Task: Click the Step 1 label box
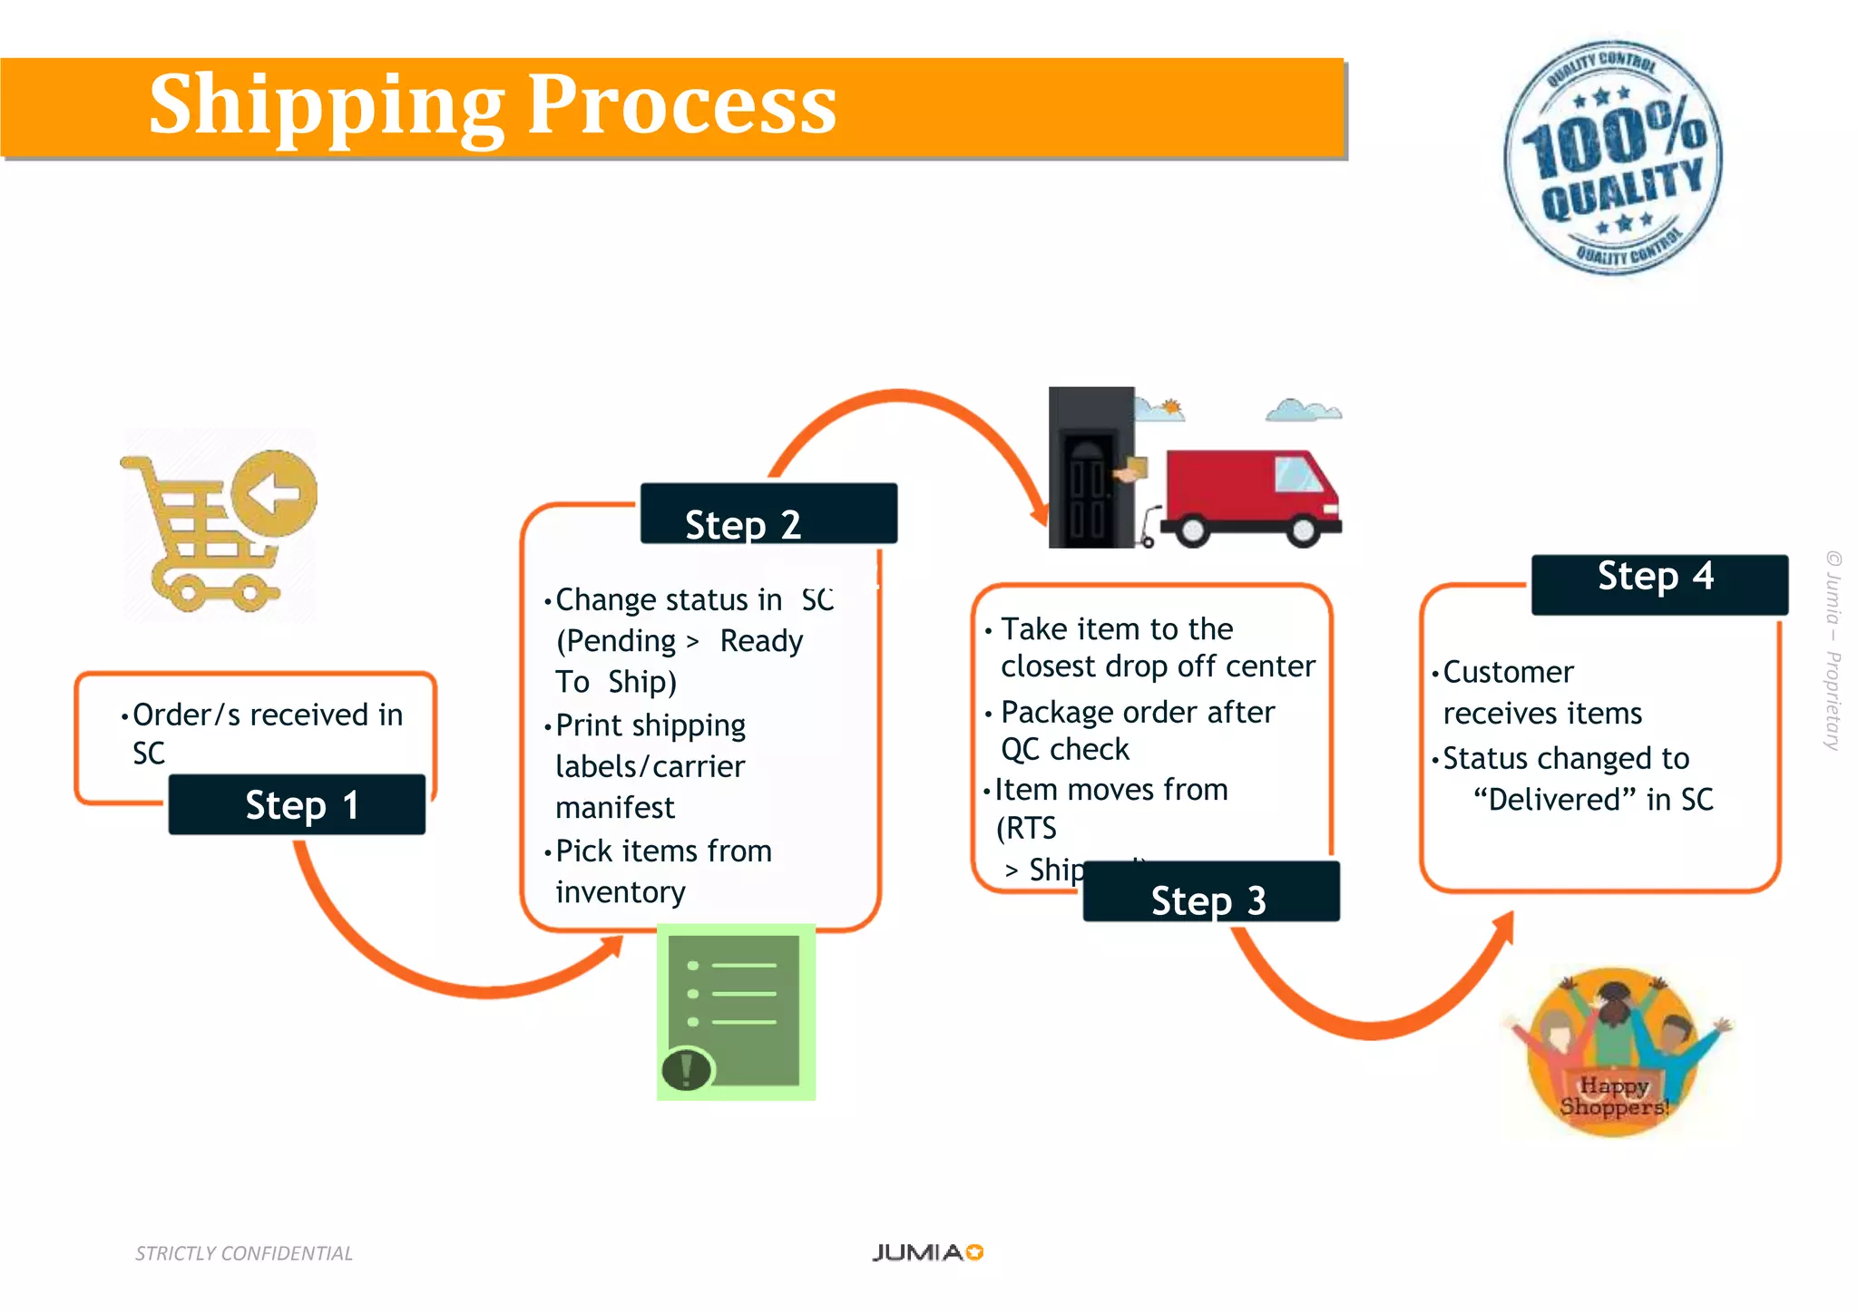[297, 804]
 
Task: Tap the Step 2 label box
[768, 514]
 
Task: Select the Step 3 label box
[1210, 892]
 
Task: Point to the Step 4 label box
[1659, 585]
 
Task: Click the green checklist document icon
[736, 1012]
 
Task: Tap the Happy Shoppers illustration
[1616, 1052]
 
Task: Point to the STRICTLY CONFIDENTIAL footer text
[243, 1253]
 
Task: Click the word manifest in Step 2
[615, 807]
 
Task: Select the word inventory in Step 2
[621, 892]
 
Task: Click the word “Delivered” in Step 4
[1554, 800]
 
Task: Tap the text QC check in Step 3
[1065, 750]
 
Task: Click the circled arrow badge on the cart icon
[274, 493]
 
